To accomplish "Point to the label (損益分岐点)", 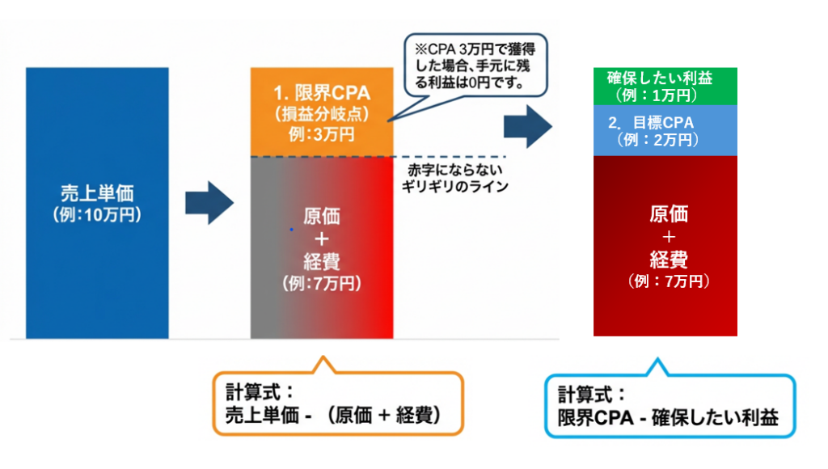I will (321, 114).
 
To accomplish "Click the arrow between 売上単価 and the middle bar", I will (209, 203).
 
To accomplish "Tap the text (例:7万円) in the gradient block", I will (321, 284).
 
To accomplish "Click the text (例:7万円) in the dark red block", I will (668, 281).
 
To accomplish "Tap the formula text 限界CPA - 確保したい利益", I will (668, 419).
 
